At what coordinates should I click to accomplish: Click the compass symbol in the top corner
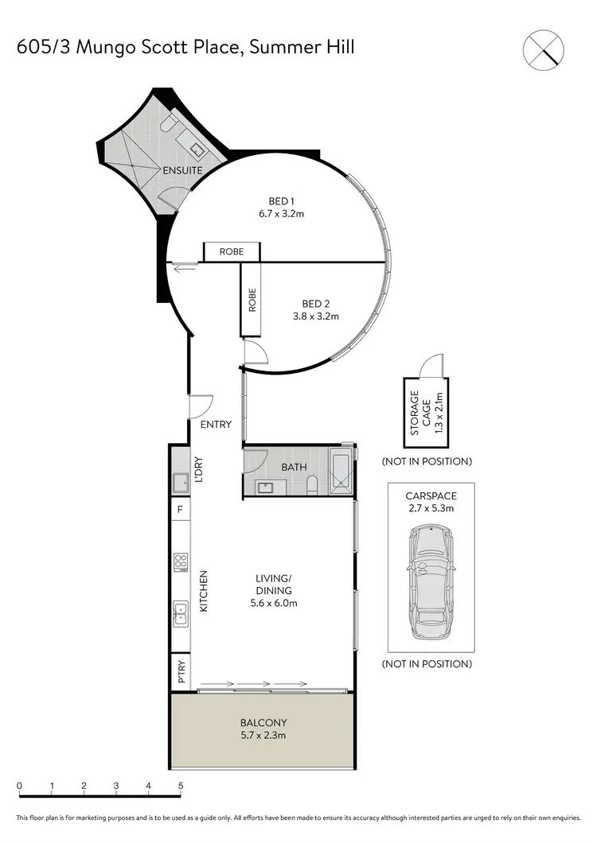(x=547, y=48)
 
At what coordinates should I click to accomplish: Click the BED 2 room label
(x=315, y=304)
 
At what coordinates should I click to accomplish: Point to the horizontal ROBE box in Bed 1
(x=232, y=252)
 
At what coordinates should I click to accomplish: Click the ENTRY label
(x=216, y=425)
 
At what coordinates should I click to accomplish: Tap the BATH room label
(x=294, y=468)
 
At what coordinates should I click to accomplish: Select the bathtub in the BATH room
(x=340, y=472)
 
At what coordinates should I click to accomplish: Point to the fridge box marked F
(x=180, y=509)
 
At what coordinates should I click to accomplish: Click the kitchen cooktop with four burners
(x=181, y=562)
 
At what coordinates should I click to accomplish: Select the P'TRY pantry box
(x=181, y=672)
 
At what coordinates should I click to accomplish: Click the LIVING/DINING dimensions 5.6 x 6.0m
(x=274, y=603)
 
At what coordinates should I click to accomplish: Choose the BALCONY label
(x=263, y=723)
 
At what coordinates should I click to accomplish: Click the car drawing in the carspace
(x=430, y=582)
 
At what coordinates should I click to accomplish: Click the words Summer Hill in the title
(x=302, y=47)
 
